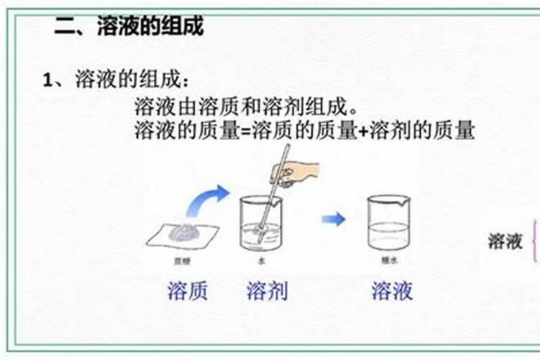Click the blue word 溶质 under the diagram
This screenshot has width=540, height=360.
point(187,291)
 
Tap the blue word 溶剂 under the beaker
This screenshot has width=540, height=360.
point(267,291)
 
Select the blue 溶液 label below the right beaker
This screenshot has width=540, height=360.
point(392,291)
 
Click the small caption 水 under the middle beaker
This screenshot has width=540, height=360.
point(261,261)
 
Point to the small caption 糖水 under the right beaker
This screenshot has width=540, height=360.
point(388,261)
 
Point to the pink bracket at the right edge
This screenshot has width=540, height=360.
point(535,241)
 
